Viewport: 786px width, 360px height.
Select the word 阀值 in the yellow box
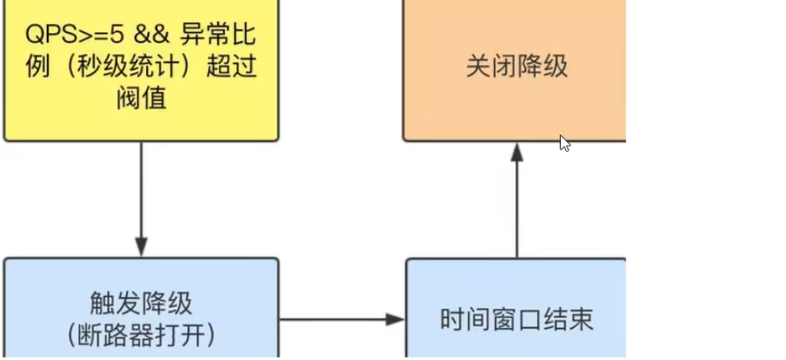point(142,99)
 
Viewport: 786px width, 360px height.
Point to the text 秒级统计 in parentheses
point(133,66)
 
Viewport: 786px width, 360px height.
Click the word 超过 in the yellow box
point(231,66)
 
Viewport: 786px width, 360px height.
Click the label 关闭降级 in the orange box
point(516,66)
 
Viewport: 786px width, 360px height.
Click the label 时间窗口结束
point(516,319)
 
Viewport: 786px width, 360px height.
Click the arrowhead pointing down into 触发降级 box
point(141,249)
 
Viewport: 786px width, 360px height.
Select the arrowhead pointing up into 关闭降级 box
point(516,152)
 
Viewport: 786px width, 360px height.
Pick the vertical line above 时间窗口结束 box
point(516,208)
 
